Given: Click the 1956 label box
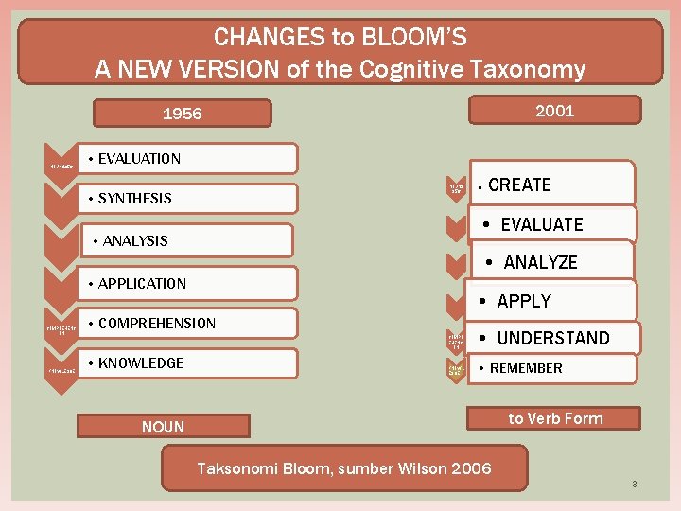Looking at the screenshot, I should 182,114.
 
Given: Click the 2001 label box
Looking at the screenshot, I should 554,111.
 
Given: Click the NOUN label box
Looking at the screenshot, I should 163,427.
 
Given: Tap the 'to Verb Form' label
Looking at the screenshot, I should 555,418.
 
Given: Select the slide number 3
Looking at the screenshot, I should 635,485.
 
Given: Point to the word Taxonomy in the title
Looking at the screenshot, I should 533,69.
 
